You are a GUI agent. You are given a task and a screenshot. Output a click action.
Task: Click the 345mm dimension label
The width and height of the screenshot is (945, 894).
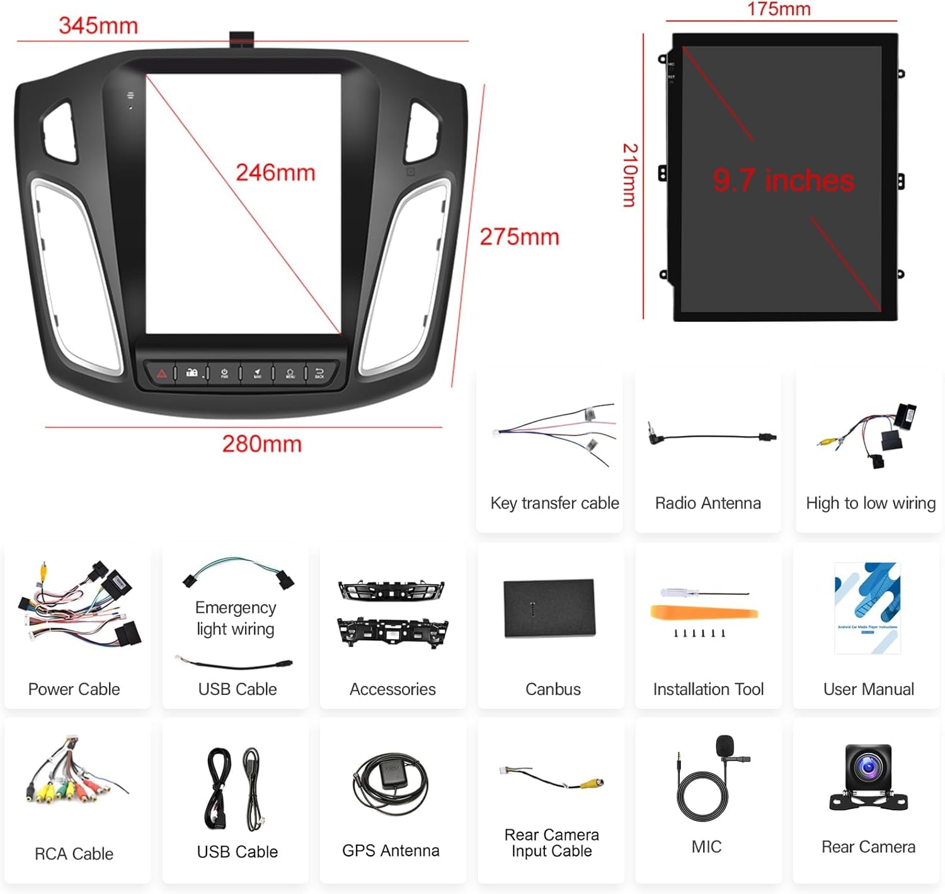click(98, 26)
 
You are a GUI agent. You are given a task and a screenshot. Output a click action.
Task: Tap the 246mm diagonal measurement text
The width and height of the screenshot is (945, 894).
click(275, 173)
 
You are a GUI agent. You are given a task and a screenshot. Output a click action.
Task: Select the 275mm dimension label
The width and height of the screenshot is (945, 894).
click(519, 237)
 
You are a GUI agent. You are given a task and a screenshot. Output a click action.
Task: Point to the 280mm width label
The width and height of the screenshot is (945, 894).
click(261, 444)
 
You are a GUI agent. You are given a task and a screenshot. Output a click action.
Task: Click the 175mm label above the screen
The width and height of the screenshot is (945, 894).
click(779, 9)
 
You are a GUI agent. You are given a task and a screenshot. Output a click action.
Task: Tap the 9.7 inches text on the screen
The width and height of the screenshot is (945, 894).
click(783, 180)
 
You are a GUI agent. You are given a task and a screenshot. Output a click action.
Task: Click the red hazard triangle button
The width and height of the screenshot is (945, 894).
click(162, 374)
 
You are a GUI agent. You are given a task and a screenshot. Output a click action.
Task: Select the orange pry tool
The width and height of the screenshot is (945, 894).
click(703, 612)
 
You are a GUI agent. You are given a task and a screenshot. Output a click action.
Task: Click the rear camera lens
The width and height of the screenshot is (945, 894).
click(869, 767)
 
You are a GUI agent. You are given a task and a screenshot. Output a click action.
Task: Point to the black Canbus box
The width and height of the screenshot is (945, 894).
click(549, 608)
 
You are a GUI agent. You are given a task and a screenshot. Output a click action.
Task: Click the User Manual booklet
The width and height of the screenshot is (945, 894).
click(868, 607)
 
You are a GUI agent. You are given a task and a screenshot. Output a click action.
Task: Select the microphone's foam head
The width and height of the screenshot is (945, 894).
click(725, 745)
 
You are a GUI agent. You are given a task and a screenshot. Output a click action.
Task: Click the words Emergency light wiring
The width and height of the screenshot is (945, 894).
click(236, 618)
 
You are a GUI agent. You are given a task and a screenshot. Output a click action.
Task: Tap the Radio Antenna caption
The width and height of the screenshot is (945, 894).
click(707, 503)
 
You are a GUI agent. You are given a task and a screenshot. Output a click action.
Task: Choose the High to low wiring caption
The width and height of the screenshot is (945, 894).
click(870, 503)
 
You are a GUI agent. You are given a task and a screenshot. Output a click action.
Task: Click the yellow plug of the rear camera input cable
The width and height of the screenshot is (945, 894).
click(592, 783)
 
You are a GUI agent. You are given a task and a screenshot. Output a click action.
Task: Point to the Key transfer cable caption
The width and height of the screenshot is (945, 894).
click(554, 503)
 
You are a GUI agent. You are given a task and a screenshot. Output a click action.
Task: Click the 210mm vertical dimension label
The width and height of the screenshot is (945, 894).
click(630, 175)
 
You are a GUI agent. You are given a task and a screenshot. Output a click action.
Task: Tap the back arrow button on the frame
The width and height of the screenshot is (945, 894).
click(319, 373)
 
